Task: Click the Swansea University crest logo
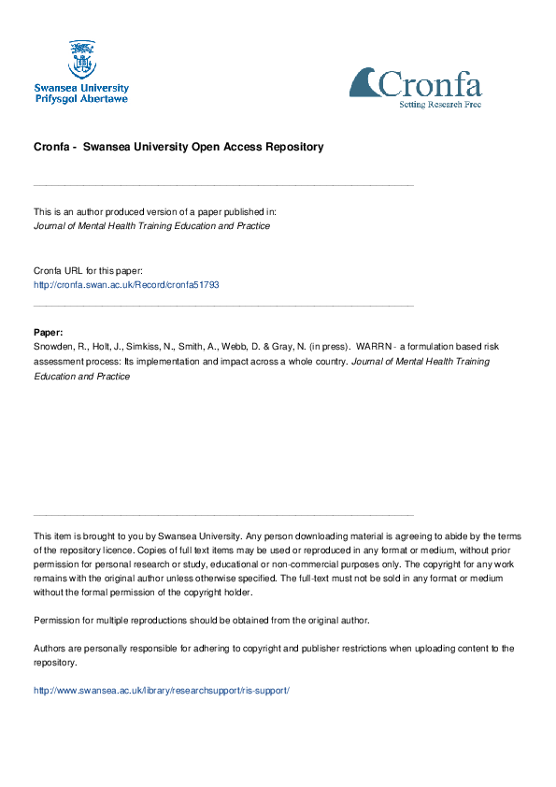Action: click(81, 59)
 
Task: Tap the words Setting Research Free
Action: click(440, 104)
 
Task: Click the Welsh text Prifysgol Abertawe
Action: click(81, 98)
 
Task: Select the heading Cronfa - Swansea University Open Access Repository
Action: click(178, 147)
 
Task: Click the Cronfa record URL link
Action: click(126, 284)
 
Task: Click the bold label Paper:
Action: click(49, 332)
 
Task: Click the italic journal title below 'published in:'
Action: click(151, 226)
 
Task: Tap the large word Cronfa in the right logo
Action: click(429, 85)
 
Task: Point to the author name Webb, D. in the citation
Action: click(237, 346)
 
